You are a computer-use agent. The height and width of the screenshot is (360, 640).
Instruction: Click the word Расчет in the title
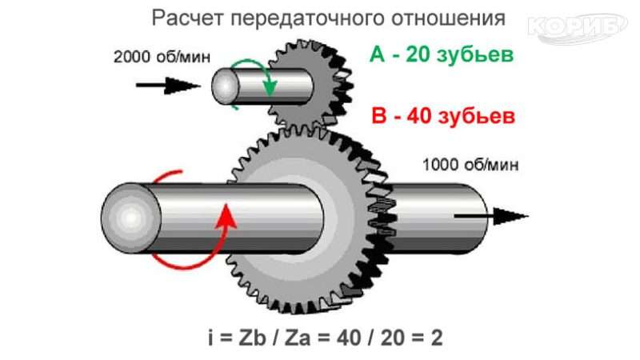coord(181,18)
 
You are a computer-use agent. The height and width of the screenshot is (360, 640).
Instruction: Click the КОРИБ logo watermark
coord(577,26)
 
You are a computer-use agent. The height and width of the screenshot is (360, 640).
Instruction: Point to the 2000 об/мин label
coord(153,57)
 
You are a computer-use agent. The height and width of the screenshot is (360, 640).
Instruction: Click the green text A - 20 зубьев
coord(441,55)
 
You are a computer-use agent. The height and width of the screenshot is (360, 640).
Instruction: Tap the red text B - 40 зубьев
coord(442,117)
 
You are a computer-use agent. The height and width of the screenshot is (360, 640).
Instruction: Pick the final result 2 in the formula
coord(437,337)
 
